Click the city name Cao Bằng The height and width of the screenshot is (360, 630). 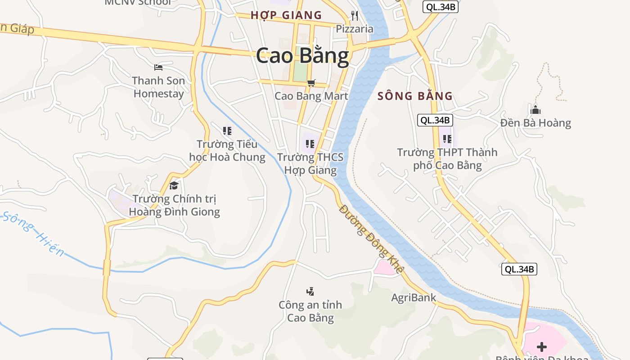[x=302, y=56]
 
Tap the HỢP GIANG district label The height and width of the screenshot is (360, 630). [x=286, y=15]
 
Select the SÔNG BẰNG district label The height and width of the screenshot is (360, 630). [x=415, y=96]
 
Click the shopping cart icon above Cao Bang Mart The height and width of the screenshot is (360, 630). [x=311, y=83]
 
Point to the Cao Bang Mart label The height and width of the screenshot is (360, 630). [x=311, y=96]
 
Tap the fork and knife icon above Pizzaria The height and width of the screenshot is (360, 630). [x=355, y=16]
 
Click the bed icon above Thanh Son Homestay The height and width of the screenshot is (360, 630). [x=158, y=67]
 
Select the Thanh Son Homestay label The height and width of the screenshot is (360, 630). [x=158, y=87]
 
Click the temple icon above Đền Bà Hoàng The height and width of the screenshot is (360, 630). [x=535, y=109]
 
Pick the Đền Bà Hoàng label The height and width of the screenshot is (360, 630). [x=535, y=123]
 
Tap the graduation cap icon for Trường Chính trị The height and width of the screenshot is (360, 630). [x=174, y=185]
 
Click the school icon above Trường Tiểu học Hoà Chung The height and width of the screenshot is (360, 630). [x=227, y=131]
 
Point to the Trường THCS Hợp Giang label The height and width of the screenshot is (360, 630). [x=310, y=163]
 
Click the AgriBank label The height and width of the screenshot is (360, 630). [x=414, y=297]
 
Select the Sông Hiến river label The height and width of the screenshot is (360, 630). [x=34, y=234]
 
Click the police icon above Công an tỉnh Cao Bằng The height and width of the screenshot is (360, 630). [x=310, y=292]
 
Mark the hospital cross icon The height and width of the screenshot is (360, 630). [x=542, y=347]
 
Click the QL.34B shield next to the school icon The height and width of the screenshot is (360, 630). [x=435, y=120]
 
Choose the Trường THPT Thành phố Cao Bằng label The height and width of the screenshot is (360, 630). [x=447, y=159]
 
